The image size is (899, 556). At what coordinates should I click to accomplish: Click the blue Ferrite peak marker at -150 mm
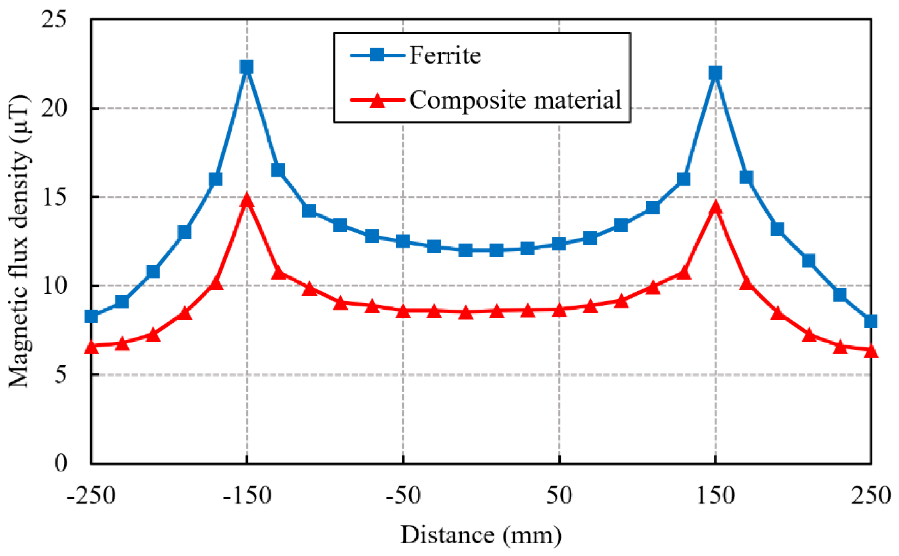pos(246,67)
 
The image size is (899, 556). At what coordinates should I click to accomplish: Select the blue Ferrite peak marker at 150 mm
pos(715,73)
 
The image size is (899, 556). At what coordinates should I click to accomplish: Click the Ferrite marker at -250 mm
pos(91,316)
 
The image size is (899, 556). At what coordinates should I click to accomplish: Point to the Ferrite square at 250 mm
pos(871,321)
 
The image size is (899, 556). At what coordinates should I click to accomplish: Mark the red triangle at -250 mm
pos(91,347)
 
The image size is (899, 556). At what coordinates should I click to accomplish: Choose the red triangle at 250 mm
pos(871,351)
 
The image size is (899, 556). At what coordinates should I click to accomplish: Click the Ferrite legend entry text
pos(444,55)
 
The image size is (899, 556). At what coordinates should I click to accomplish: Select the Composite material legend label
pos(515,100)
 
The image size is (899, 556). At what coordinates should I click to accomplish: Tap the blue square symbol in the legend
pos(377,55)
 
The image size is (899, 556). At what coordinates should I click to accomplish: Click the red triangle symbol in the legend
pos(377,101)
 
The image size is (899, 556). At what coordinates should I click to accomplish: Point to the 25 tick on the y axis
pos(54,18)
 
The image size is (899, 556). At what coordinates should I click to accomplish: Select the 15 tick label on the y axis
pos(54,197)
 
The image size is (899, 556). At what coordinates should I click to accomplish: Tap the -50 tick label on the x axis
pos(403,496)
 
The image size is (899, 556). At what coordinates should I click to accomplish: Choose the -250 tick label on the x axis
pos(91,496)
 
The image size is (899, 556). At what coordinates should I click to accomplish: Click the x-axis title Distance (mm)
pos(481,535)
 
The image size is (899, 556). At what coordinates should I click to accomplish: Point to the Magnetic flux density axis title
pos(18,241)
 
